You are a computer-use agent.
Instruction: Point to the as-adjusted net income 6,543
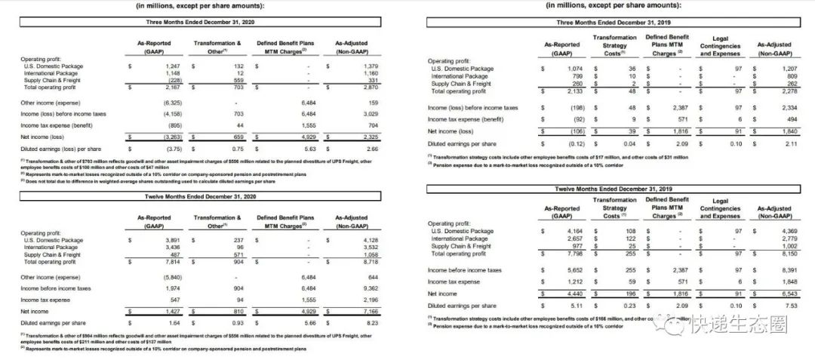tap(779, 293)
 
